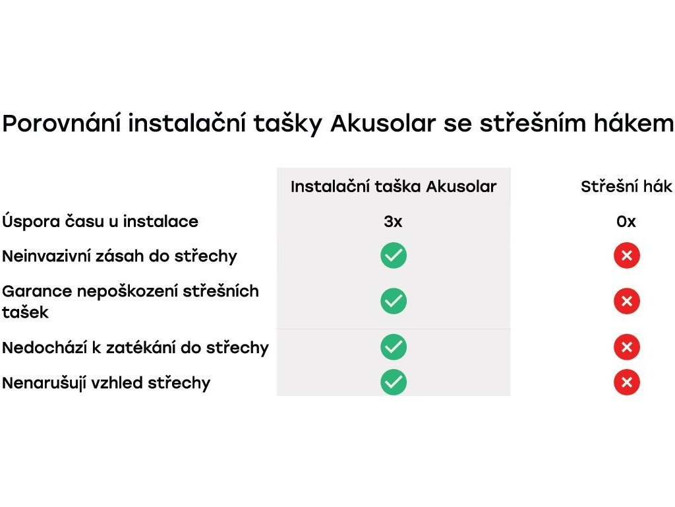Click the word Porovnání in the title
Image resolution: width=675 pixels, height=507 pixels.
coord(61,123)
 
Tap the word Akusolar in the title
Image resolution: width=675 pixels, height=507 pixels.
coord(383,123)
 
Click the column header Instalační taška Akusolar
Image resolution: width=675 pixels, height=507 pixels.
coord(394,186)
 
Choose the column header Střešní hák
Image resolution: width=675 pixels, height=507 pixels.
coord(626,186)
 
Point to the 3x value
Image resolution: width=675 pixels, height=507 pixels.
coord(393,222)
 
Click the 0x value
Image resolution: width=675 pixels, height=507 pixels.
coord(626,222)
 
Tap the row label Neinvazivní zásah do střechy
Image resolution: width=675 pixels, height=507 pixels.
coord(119,256)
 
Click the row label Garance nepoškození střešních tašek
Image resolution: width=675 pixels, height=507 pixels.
coord(131,301)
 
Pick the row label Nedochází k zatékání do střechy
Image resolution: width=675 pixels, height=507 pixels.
coord(135,347)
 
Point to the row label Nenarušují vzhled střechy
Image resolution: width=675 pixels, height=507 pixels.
coord(106,383)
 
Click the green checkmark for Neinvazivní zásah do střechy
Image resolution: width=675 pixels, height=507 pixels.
coord(394,255)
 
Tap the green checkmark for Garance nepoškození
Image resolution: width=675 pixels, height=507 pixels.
coord(394,301)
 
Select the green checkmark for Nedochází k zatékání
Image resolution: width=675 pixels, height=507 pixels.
coord(394,347)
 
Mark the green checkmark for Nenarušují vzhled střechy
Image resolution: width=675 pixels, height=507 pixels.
coord(394,382)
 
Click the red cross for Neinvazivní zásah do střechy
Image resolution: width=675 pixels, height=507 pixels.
coord(627,255)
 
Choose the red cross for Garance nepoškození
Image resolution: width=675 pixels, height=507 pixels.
coord(627,301)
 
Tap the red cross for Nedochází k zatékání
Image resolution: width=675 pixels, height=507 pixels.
coord(627,347)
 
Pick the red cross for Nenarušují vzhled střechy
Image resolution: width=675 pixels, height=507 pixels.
coord(627,382)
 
